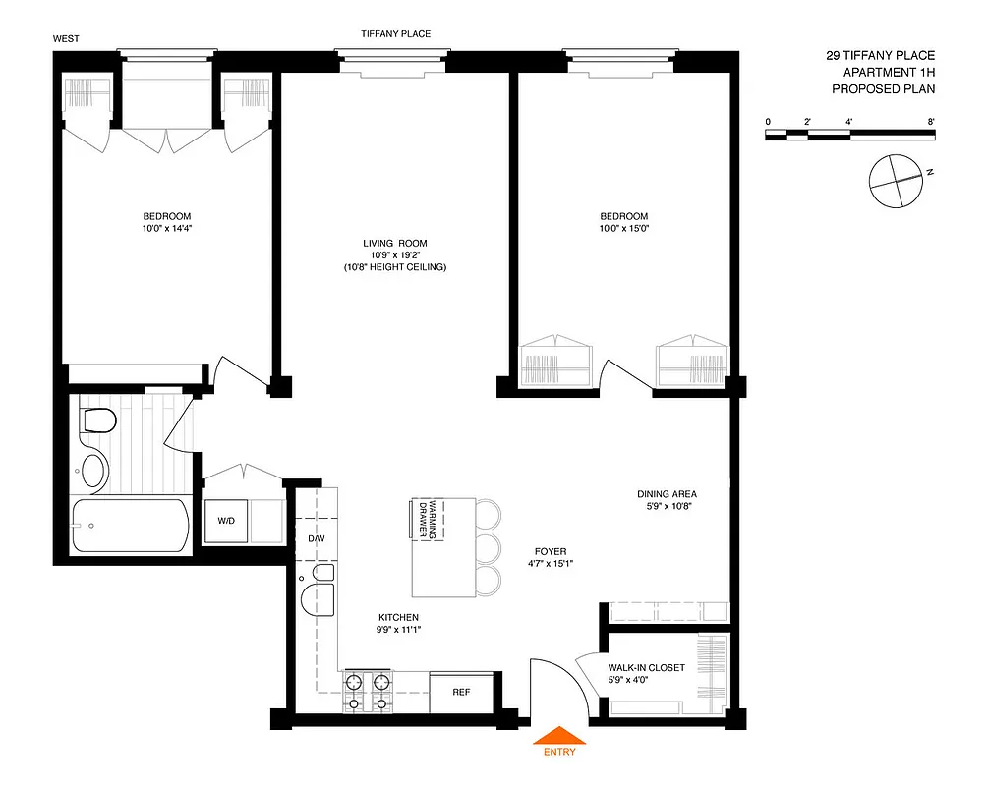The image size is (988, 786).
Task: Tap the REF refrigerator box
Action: coord(461,692)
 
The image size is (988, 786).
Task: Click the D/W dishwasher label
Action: coord(317,539)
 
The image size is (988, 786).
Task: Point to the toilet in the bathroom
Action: coord(98,421)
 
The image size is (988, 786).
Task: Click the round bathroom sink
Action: coord(94,470)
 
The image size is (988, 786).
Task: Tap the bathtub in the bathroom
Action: coord(129,526)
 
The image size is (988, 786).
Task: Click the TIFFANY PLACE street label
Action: coord(396,34)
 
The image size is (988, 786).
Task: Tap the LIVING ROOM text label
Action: coord(394,243)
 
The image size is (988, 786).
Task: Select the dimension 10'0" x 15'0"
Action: coord(624,228)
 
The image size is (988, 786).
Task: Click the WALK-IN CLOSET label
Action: coord(646,668)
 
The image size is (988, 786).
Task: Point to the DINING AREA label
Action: coord(667,494)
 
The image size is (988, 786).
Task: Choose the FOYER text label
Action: coord(550,551)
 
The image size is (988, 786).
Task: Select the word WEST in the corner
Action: coord(68,39)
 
